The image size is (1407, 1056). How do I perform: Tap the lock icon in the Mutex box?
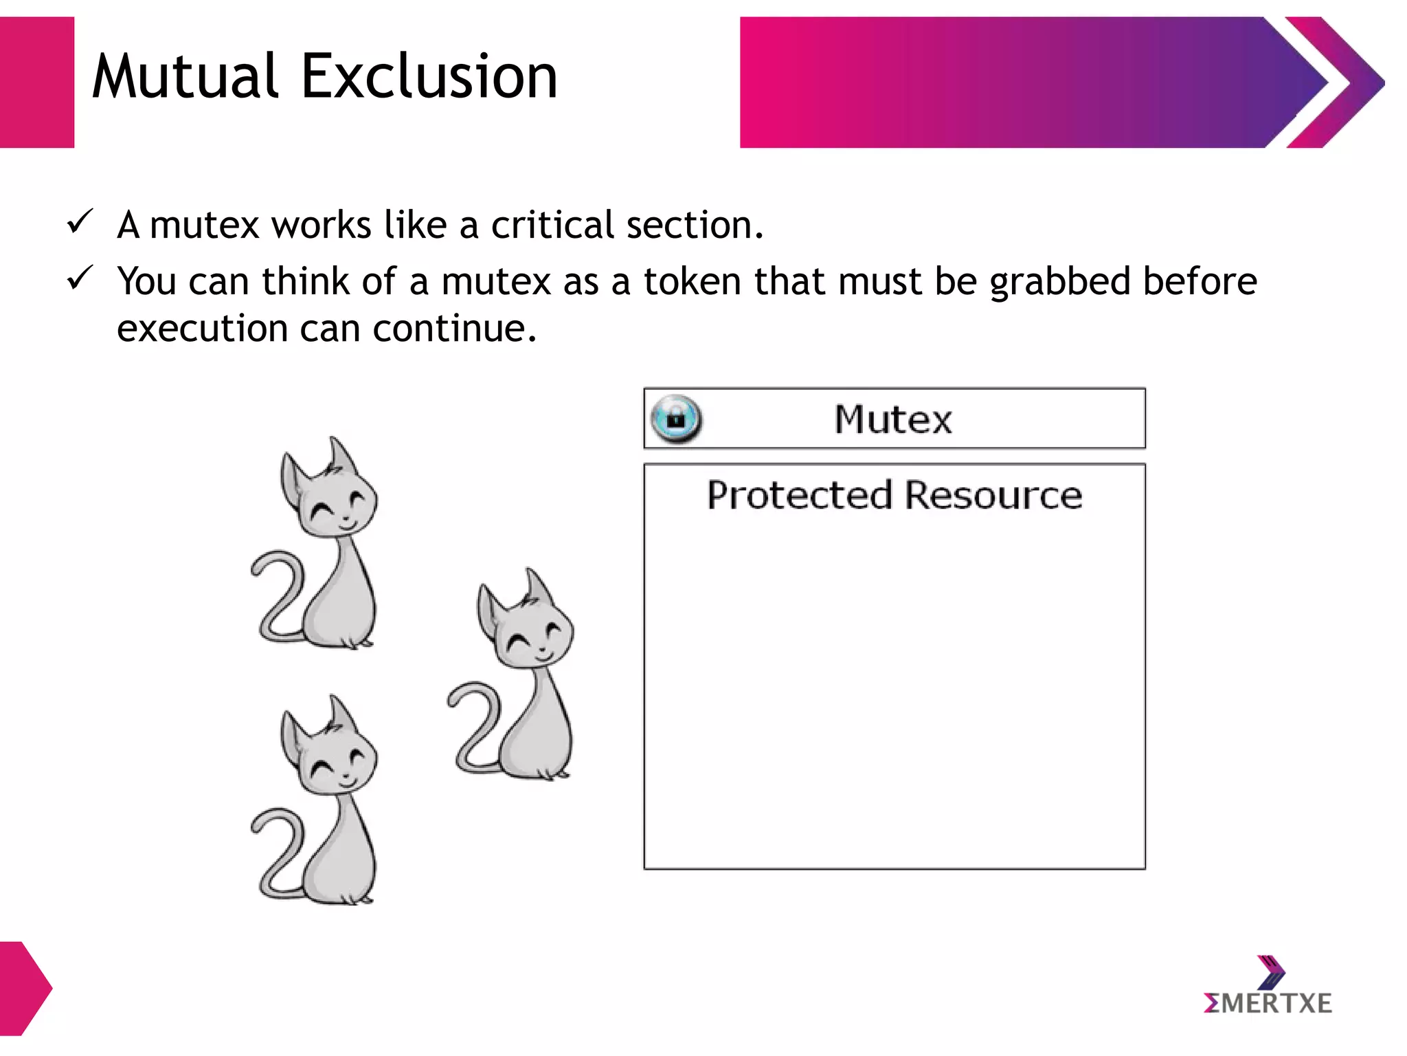(x=676, y=418)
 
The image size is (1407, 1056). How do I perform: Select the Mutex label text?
(x=893, y=419)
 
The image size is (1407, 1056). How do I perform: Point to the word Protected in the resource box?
(x=800, y=495)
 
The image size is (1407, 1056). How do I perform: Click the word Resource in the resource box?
(x=993, y=495)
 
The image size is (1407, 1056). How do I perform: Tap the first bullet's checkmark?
(x=80, y=222)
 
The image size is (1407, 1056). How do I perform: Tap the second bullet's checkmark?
(x=80, y=278)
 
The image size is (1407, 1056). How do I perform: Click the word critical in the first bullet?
(x=552, y=225)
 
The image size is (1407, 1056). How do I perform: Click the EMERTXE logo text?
(x=1268, y=1004)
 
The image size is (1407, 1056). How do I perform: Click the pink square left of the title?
(x=36, y=82)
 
